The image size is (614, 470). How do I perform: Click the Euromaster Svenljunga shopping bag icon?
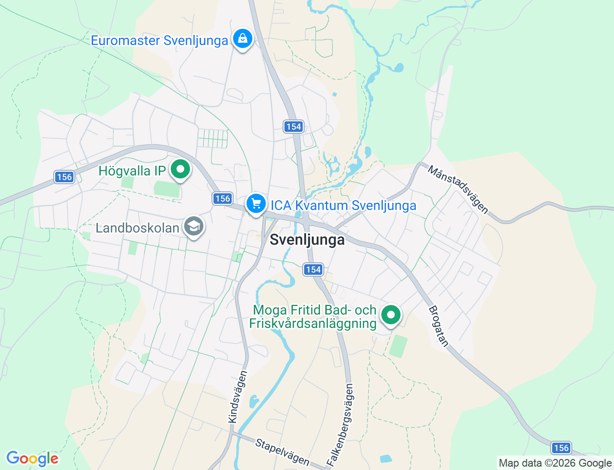point(243,38)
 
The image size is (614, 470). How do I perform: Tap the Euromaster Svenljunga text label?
point(159,40)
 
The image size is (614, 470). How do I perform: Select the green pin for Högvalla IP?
point(180,169)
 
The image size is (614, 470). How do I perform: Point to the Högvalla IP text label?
point(132,171)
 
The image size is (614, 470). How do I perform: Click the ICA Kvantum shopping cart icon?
point(256,204)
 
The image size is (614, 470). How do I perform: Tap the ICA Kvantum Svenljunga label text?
point(343,205)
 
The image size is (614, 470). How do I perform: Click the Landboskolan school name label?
point(137,228)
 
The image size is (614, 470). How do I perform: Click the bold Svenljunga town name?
point(307,239)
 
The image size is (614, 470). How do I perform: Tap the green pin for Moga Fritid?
point(391,315)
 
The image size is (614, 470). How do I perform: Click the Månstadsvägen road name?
point(458,189)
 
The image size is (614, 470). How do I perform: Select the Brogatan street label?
point(438,326)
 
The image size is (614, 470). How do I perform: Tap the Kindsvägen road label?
point(238,397)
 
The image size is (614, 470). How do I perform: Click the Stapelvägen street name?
point(282,452)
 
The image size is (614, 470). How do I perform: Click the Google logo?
point(32,458)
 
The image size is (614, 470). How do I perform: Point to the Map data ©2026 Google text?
point(555,463)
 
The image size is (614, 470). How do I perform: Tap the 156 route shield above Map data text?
point(561,448)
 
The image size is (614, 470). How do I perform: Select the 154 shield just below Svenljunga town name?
point(313,270)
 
